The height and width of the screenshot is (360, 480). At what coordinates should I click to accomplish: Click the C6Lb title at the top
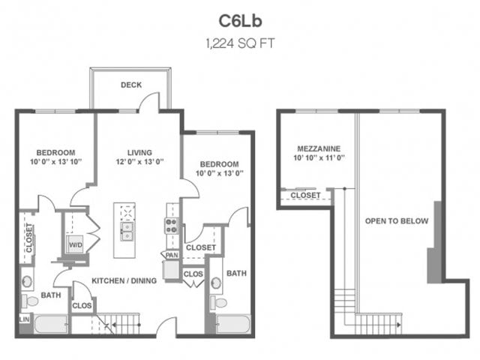point(239,19)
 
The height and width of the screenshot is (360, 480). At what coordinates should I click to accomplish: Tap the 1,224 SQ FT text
point(239,43)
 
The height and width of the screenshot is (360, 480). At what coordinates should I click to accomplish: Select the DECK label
point(131,85)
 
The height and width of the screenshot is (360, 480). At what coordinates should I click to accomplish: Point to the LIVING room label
point(139,150)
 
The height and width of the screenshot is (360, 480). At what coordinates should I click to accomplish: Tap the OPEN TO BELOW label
point(396,221)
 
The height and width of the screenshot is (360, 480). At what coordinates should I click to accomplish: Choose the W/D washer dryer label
point(76,244)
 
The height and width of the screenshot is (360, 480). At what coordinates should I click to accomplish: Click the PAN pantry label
point(172,256)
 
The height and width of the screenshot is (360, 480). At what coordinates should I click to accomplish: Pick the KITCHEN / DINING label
point(124,280)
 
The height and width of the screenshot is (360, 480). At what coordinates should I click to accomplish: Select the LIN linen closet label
point(24,320)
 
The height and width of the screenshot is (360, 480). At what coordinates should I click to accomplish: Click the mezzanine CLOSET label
point(305,196)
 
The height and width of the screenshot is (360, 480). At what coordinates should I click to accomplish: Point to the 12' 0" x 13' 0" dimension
point(139,161)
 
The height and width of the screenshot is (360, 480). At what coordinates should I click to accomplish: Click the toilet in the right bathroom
point(219,303)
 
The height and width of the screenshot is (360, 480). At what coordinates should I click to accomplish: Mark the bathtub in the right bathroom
point(232,325)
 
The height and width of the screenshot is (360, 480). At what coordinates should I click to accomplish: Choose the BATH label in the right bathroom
point(237,274)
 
